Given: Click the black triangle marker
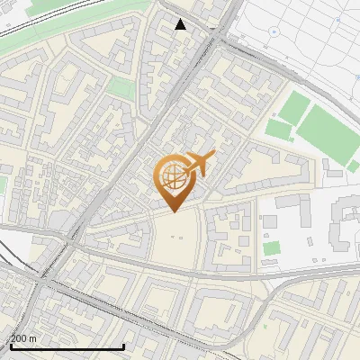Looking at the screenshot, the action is click(x=181, y=24).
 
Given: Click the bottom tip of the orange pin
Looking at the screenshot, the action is click(x=173, y=211).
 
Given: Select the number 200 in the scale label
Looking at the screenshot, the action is click(x=20, y=338).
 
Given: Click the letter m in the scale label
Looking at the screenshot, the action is click(x=33, y=338).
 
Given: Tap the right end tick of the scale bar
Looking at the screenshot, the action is click(x=123, y=346).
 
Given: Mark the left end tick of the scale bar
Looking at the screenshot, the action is click(x=10, y=346).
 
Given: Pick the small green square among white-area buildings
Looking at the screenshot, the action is click(x=272, y=247).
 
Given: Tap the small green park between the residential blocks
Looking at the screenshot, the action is click(x=120, y=88).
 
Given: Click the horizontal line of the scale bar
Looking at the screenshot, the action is click(x=67, y=346).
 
